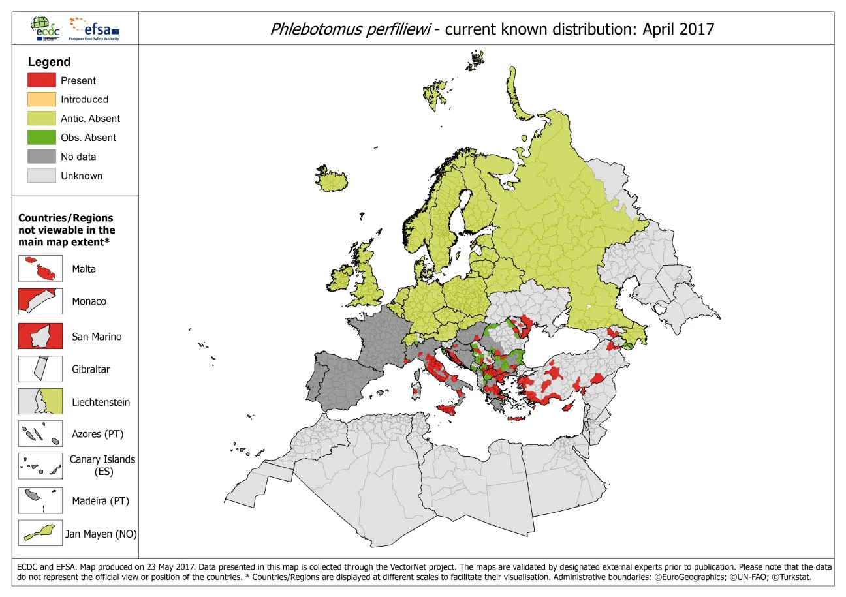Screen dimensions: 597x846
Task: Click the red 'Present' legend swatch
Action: pyautogui.click(x=41, y=80)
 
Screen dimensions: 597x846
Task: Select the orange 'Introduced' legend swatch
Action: pyautogui.click(x=41, y=99)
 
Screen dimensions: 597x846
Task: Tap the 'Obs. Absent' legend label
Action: pyautogui.click(x=88, y=138)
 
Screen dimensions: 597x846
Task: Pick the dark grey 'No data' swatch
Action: pyautogui.click(x=41, y=157)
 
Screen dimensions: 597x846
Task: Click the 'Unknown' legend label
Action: pyautogui.click(x=82, y=176)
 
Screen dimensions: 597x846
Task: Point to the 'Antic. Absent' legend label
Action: pyautogui.click(x=90, y=119)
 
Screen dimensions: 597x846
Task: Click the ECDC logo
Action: pyautogui.click(x=44, y=28)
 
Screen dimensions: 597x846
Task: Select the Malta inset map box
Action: pyautogui.click(x=40, y=269)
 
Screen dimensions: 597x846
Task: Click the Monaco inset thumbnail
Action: pyautogui.click(x=40, y=301)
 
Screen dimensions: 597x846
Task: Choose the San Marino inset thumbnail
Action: pyautogui.click(x=40, y=336)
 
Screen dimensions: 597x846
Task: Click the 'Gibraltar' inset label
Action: pyautogui.click(x=91, y=369)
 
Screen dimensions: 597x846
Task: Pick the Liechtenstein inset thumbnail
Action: pyautogui.click(x=40, y=402)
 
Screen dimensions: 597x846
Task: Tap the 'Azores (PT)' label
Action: pyautogui.click(x=97, y=434)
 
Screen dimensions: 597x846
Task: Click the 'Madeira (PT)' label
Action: pyautogui.click(x=101, y=502)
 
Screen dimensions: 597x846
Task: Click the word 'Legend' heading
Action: pyautogui.click(x=49, y=62)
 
